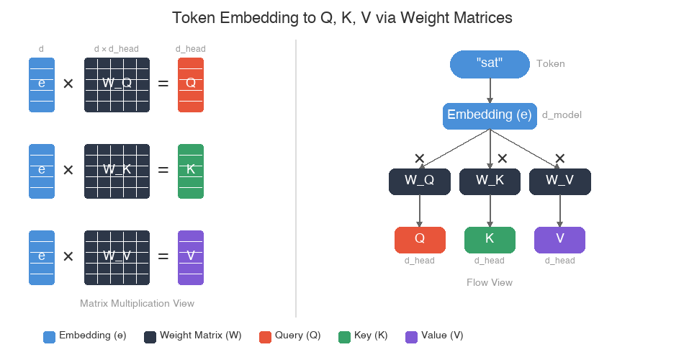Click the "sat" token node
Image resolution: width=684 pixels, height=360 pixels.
click(x=490, y=63)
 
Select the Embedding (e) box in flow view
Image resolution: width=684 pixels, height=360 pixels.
click(x=490, y=115)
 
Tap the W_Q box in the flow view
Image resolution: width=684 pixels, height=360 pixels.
click(x=419, y=181)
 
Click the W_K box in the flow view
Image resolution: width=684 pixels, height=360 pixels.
click(x=490, y=181)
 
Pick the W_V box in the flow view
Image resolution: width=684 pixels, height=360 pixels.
click(x=559, y=181)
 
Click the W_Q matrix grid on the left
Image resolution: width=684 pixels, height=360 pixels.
click(x=117, y=84)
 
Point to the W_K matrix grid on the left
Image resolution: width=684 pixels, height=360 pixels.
click(x=117, y=171)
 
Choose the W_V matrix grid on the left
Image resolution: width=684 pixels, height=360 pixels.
click(x=117, y=257)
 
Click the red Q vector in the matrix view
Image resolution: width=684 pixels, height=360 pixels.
click(x=191, y=84)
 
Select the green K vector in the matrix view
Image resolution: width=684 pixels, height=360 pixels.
click(x=191, y=171)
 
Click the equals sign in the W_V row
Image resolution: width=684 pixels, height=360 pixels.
click(x=163, y=256)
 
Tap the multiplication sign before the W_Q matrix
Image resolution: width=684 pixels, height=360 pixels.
click(x=68, y=84)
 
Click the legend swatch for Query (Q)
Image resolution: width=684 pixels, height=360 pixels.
click(x=265, y=336)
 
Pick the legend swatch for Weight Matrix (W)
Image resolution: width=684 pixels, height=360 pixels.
click(x=150, y=336)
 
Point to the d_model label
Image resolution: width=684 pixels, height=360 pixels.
click(x=562, y=115)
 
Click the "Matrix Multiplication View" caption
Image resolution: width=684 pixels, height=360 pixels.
click(x=137, y=303)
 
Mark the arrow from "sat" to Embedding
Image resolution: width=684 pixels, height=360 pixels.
click(x=490, y=90)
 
